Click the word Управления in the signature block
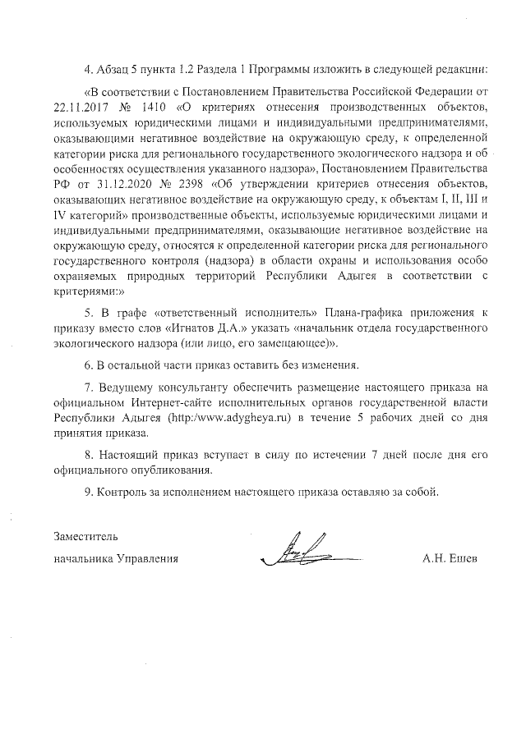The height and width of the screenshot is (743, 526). click(148, 559)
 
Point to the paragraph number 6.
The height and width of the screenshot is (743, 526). click(88, 364)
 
